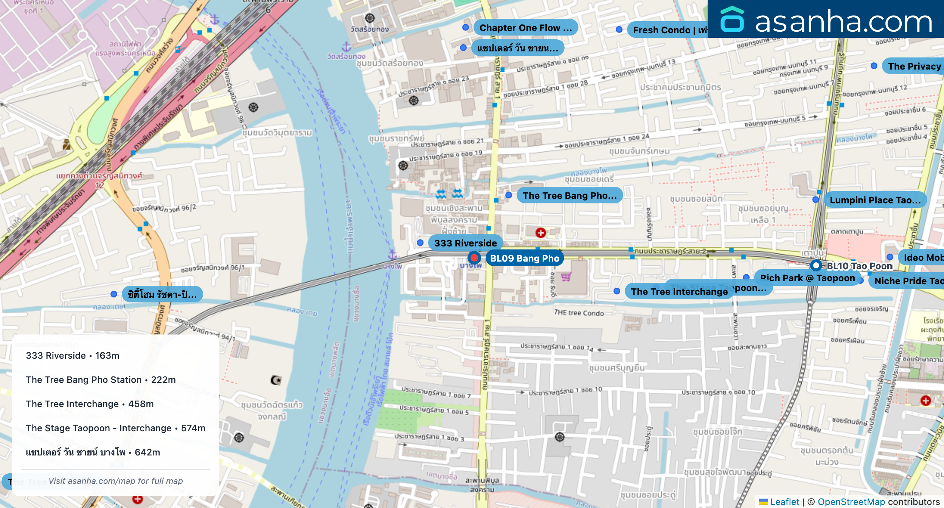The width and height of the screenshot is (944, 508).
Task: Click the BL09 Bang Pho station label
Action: pyautogui.click(x=524, y=258)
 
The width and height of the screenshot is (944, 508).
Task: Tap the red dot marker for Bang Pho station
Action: pyautogui.click(x=474, y=258)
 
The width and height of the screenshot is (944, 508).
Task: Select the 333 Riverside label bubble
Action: pyautogui.click(x=465, y=243)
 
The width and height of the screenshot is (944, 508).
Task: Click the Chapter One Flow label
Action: pyautogui.click(x=525, y=28)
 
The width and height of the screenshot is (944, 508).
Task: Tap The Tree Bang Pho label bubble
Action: pyautogui.click(x=569, y=195)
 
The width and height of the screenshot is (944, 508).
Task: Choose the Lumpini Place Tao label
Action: pyautogui.click(x=875, y=200)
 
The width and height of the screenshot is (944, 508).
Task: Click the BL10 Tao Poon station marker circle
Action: pyautogui.click(x=816, y=265)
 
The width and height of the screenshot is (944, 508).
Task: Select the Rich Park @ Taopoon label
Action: pyautogui.click(x=807, y=278)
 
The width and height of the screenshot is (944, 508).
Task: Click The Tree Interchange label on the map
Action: pyautogui.click(x=679, y=291)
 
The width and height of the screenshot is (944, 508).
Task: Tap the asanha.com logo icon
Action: pyautogui.click(x=732, y=20)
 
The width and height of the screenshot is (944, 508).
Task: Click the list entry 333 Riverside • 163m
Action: pyautogui.click(x=73, y=355)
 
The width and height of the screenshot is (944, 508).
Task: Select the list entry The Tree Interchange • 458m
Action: pyautogui.click(x=90, y=404)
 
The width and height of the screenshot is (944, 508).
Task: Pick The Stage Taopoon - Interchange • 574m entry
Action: pyautogui.click(x=115, y=428)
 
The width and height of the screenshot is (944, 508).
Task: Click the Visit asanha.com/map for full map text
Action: pyautogui.click(x=115, y=481)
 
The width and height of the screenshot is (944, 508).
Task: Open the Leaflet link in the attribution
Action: pyautogui.click(x=784, y=502)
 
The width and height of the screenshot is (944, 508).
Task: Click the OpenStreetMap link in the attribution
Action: pyautogui.click(x=851, y=502)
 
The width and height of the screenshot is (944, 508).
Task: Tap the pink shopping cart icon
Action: pyautogui.click(x=566, y=277)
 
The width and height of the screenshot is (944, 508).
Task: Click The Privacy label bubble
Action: pyautogui.click(x=914, y=66)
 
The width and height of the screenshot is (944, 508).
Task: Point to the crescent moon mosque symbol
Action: pyautogui.click(x=276, y=380)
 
